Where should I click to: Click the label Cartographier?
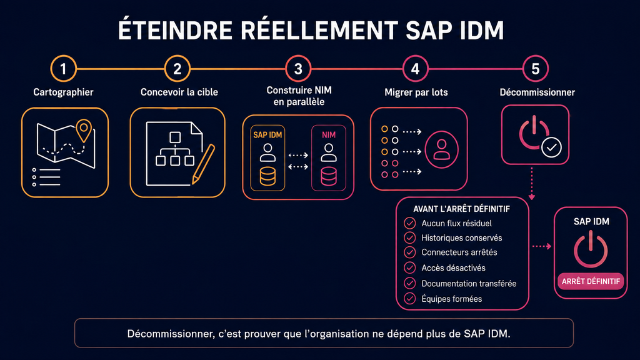63,92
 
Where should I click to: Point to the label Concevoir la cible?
179,92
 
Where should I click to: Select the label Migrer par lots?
416,92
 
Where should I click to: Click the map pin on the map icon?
84,130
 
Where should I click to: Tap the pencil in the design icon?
203,164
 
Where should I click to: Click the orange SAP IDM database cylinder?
267,176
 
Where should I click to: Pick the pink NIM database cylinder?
329,176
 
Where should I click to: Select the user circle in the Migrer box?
441,150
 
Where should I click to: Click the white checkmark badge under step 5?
551,147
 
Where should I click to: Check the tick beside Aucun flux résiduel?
410,223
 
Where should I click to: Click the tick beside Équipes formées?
410,298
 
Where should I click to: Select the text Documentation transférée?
469,283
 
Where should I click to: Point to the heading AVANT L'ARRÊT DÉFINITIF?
462,209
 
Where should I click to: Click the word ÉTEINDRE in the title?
175,30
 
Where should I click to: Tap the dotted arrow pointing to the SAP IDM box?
542,246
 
